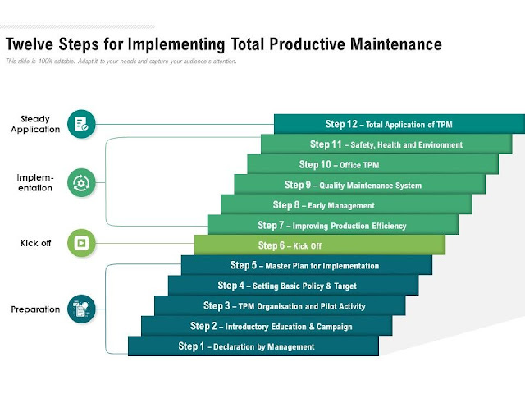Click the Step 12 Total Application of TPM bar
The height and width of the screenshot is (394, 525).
[x=399, y=124]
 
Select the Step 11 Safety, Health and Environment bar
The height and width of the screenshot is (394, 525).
[x=386, y=144]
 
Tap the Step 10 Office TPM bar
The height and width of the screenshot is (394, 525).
[x=372, y=164]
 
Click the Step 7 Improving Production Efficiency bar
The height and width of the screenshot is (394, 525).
[x=332, y=225]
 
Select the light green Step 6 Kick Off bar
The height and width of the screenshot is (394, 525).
[x=320, y=245]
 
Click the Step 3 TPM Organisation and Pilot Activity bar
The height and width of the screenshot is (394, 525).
[x=279, y=305]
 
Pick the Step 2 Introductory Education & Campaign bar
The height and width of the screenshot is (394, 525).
[x=266, y=326]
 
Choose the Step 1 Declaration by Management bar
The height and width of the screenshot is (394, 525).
[x=253, y=346]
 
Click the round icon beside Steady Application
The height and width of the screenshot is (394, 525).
[x=81, y=124]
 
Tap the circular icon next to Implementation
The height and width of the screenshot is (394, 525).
[x=81, y=181]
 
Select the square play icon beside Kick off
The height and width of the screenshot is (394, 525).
[x=81, y=243]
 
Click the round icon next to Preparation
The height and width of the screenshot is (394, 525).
[x=81, y=309]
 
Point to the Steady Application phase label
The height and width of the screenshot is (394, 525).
[x=35, y=124]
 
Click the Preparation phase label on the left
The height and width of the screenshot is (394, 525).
[x=35, y=309]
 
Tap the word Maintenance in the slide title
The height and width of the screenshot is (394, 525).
[x=387, y=44]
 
